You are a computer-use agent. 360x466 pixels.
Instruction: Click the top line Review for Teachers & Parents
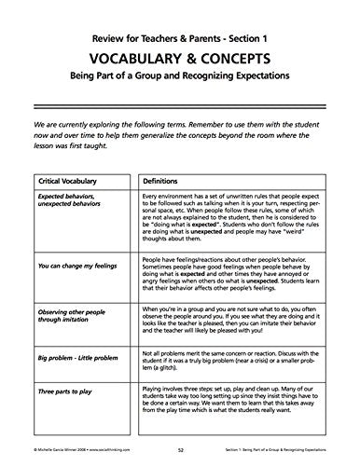click(180, 33)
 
